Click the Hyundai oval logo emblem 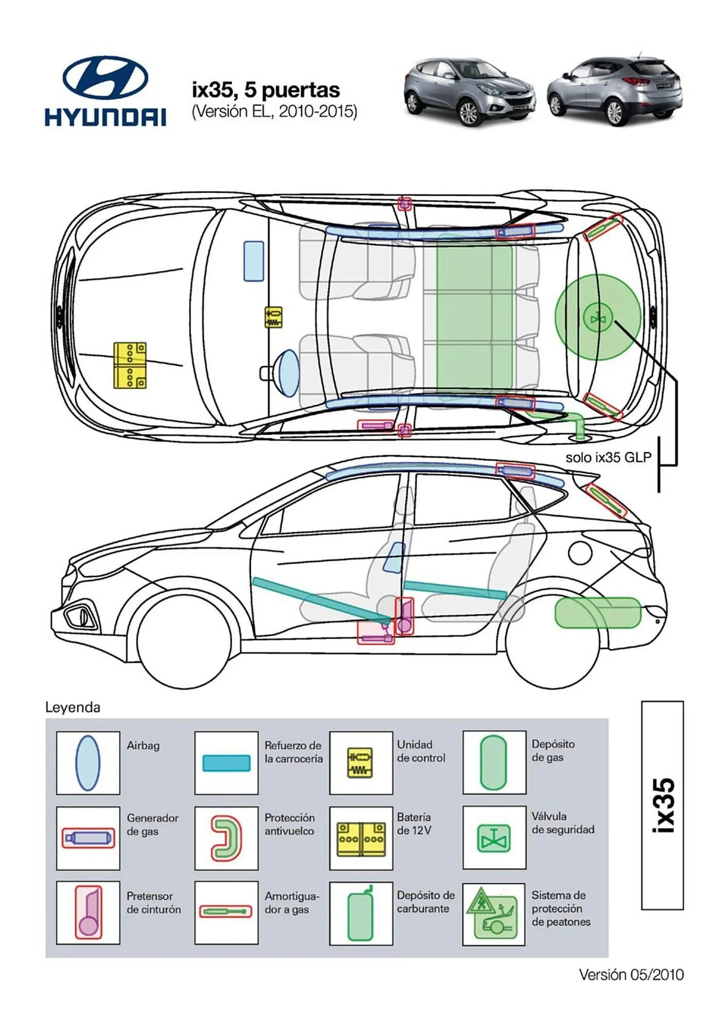pos(105,77)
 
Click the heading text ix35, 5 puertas pos(266,90)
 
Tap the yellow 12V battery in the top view pos(130,365)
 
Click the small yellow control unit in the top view pos(273,317)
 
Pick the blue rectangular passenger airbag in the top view pos(254,261)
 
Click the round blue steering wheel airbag pos(287,373)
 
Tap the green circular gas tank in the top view pos(597,317)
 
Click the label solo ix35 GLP pos(608,457)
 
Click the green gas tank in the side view pos(597,612)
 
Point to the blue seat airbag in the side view pos(395,557)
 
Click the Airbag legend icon pos(88,763)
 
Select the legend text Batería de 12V pos(414,823)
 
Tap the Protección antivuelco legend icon pos(226,838)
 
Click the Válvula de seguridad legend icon pos(494,838)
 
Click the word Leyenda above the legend pos(73,707)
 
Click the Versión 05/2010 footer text pos(631,974)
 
